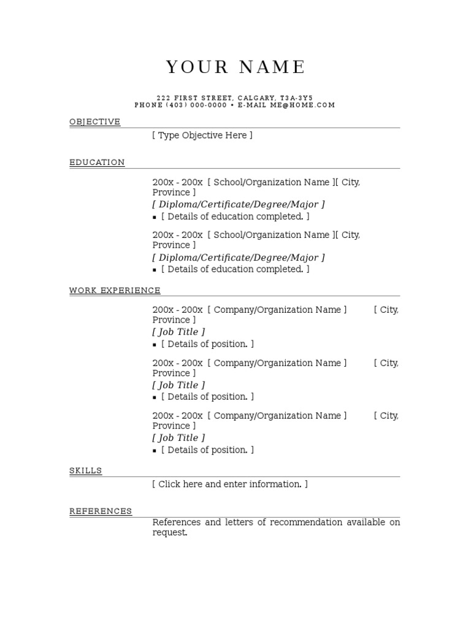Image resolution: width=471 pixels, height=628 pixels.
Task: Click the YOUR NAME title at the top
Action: tap(235, 67)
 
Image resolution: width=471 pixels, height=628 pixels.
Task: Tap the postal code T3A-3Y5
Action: tap(296, 98)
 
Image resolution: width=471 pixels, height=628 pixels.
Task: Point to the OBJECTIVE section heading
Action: tap(94, 121)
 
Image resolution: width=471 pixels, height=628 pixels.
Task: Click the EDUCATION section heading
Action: tap(97, 163)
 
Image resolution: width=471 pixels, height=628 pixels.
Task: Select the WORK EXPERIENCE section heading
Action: tap(115, 290)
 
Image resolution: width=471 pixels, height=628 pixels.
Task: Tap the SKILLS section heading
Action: tap(85, 470)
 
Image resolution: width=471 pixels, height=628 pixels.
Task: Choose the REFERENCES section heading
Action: tap(101, 511)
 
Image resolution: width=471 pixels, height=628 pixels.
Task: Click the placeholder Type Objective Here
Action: tap(202, 136)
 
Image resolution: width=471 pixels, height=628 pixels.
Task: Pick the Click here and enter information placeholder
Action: tap(230, 484)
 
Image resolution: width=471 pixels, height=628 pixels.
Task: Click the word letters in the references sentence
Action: tap(238, 523)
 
